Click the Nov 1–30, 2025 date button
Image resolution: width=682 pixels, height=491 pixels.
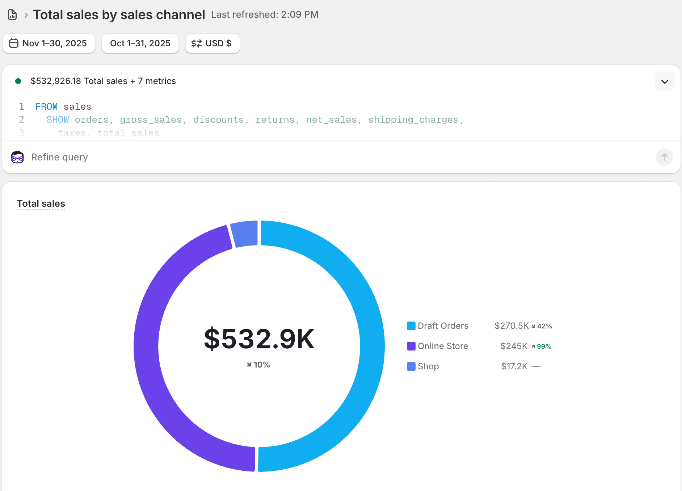click(x=49, y=43)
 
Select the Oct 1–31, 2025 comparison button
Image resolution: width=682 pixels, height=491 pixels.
click(x=140, y=43)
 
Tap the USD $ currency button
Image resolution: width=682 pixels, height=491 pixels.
click(x=212, y=43)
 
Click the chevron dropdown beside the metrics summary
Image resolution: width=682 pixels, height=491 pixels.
click(x=664, y=81)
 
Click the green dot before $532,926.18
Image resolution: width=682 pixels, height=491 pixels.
click(x=18, y=81)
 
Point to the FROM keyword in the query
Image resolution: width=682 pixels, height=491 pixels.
click(x=46, y=106)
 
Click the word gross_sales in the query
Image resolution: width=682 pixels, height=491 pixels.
click(x=151, y=120)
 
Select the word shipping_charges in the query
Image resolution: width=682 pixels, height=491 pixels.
click(x=413, y=120)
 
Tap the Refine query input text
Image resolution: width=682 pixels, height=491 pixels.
click(x=60, y=157)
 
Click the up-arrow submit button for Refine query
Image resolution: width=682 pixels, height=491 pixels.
click(x=664, y=157)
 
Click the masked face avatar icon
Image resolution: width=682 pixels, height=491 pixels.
click(x=17, y=157)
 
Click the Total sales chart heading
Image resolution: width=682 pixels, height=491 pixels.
click(x=41, y=203)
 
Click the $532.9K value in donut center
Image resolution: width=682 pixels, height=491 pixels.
click(x=259, y=339)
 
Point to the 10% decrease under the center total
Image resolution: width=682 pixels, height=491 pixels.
click(x=259, y=365)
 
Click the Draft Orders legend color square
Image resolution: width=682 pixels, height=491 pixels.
click(x=411, y=326)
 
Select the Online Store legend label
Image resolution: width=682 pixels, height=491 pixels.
click(x=443, y=346)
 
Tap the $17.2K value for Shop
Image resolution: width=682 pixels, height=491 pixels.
click(x=514, y=366)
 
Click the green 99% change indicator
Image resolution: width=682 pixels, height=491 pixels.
click(x=542, y=347)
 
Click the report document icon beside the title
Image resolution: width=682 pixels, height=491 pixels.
click(x=12, y=15)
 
